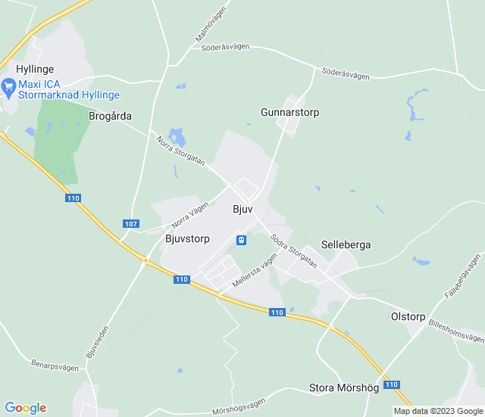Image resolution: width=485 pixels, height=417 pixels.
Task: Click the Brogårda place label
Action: (110, 117)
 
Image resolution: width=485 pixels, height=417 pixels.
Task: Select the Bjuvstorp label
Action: (187, 238)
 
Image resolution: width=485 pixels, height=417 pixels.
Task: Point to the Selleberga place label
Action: (346, 245)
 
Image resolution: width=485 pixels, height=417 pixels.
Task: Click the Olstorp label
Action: (408, 316)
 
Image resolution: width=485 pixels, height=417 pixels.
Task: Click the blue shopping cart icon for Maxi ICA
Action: (9, 87)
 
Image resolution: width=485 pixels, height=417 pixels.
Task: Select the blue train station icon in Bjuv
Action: (241, 240)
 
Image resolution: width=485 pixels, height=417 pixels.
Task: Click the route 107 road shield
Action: (131, 224)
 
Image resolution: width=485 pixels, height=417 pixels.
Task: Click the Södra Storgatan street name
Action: (293, 250)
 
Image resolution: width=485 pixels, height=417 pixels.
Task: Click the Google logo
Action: (25, 408)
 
